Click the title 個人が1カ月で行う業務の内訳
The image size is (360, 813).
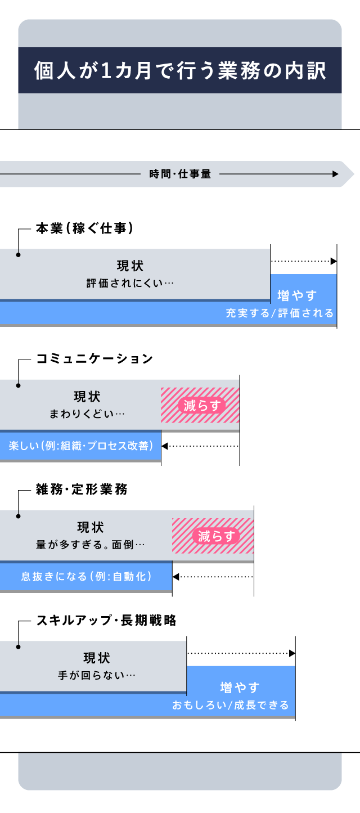[180, 70]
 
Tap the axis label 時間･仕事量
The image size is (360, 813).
[180, 174]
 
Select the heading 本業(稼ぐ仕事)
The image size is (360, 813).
[84, 228]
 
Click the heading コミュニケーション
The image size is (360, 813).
[94, 359]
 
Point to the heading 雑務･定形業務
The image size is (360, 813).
[82, 489]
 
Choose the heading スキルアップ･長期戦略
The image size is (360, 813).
[106, 620]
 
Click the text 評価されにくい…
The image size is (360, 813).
[130, 283]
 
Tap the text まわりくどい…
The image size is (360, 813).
[87, 414]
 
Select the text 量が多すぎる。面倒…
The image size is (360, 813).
[90, 544]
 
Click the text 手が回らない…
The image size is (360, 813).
[97, 675]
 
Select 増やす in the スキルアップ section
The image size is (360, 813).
[240, 687]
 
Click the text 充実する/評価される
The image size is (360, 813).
[280, 313]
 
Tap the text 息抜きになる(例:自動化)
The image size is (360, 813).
[86, 577]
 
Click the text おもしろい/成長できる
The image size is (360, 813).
[231, 704]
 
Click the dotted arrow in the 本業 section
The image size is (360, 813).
[304, 261]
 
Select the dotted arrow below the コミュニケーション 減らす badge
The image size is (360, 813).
[201, 446]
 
